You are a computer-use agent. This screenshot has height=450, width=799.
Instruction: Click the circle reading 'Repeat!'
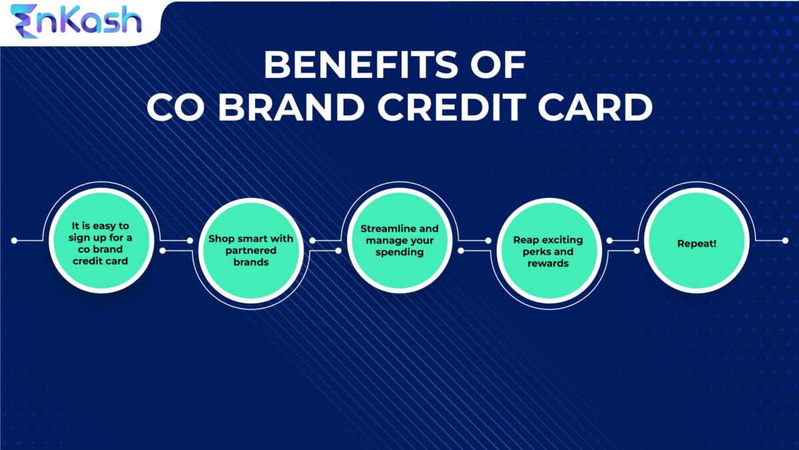(697, 244)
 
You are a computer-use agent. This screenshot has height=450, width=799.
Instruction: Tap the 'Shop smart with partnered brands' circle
(251, 250)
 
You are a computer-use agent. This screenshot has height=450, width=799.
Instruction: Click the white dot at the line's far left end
(14, 240)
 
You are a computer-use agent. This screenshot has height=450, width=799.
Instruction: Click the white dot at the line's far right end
(784, 240)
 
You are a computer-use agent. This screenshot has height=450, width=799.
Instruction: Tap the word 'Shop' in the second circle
(220, 239)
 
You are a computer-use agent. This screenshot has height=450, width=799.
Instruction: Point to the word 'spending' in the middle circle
(400, 253)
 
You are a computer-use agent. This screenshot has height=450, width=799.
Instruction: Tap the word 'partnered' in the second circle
(251, 251)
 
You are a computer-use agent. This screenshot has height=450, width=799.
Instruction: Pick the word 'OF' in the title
(501, 66)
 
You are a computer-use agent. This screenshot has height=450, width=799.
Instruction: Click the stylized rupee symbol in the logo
(25, 19)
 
